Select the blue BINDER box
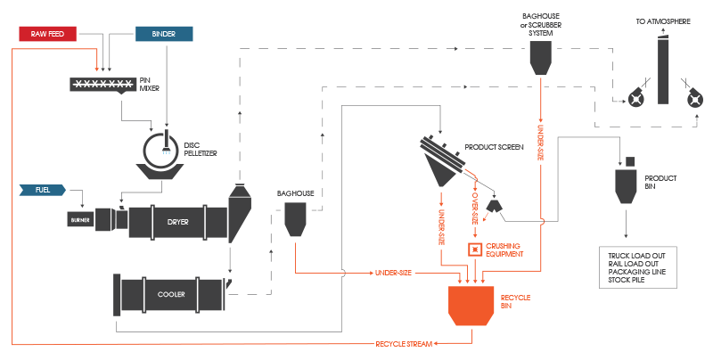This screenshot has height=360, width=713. pyautogui.click(x=164, y=34)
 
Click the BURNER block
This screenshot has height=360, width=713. pyautogui.click(x=78, y=217)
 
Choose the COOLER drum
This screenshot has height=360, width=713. pyautogui.click(x=169, y=293)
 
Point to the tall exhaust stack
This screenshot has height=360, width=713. pyautogui.click(x=662, y=71)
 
